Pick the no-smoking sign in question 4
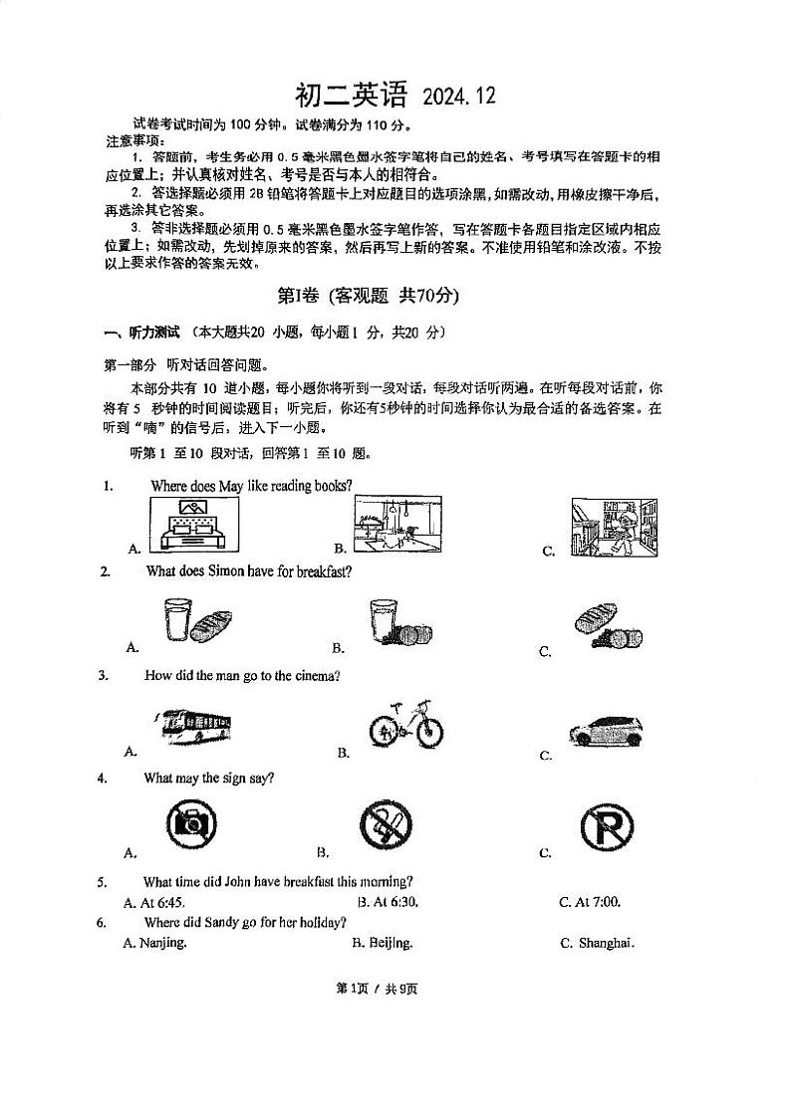pos(386,825)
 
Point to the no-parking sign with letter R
pos(608,825)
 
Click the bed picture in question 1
pos(194,524)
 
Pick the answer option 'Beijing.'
pos(390,943)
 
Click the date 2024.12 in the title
pos(458,97)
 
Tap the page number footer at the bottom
pos(378,988)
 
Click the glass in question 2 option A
pos(177,620)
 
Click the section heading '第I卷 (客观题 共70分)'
pos(368,295)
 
